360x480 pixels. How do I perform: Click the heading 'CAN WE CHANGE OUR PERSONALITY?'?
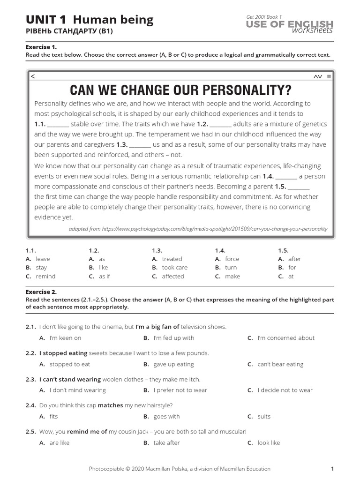(x=180, y=90)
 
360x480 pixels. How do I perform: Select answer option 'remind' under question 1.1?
(x=45, y=276)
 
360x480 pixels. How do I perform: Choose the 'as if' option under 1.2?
(x=104, y=276)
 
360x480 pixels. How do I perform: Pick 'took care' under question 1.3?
(x=174, y=267)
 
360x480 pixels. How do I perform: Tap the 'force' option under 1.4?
(x=232, y=259)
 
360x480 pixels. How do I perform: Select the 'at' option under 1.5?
(x=291, y=276)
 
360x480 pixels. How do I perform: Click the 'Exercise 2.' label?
(x=41, y=292)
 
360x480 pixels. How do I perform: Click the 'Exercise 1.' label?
(x=41, y=47)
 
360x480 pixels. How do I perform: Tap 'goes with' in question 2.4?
(x=166, y=416)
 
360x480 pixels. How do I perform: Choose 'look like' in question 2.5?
(x=269, y=442)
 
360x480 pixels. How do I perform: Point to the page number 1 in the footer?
(x=332, y=468)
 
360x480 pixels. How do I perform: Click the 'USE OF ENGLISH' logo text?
(x=290, y=24)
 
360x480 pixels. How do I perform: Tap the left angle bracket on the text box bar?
(x=32, y=76)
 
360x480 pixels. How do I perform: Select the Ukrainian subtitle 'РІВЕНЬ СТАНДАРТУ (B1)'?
(x=69, y=31)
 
